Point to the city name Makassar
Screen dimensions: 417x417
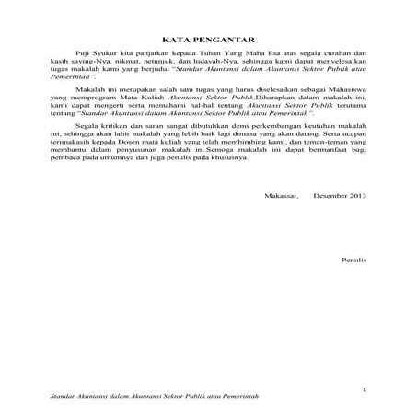coord(282,223)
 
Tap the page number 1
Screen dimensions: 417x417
coord(365,389)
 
